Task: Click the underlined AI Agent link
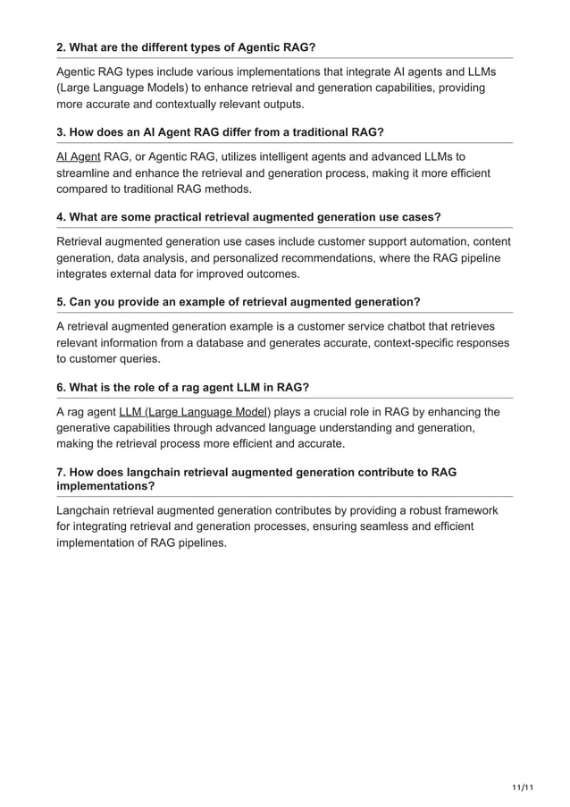(78, 156)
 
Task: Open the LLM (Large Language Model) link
(194, 412)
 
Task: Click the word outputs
(280, 104)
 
